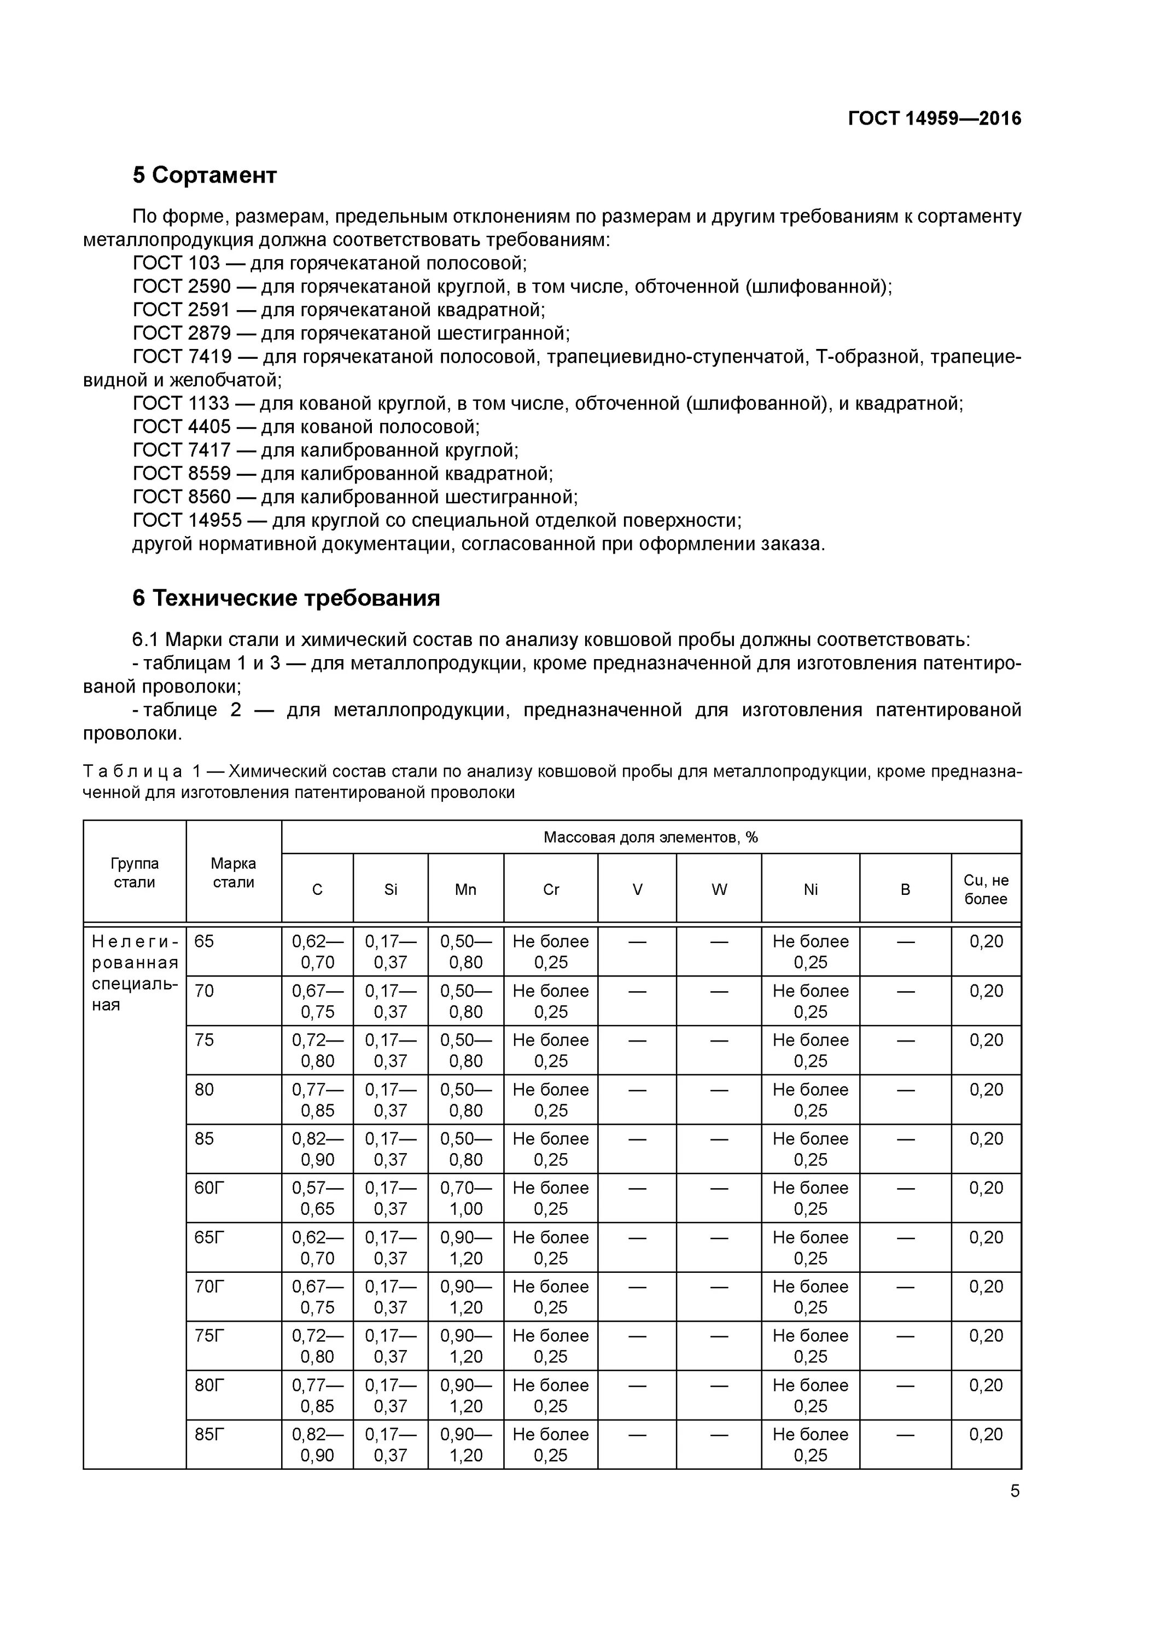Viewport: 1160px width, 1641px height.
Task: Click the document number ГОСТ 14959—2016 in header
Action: tap(934, 119)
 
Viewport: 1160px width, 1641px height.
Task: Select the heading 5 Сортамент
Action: tap(205, 175)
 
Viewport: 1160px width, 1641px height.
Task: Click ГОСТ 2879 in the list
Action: tap(182, 333)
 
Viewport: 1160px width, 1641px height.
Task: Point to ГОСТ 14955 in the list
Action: tap(187, 520)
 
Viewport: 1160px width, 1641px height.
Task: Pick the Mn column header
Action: tap(465, 890)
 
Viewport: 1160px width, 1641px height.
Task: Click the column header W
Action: tap(719, 890)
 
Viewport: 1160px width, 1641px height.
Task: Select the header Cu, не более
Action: tap(986, 890)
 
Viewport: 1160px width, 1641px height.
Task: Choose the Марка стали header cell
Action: tap(234, 872)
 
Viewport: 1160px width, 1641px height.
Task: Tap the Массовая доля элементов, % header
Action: tap(650, 837)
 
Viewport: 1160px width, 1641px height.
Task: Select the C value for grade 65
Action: tap(317, 952)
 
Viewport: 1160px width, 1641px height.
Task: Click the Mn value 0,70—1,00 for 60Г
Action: tap(465, 1198)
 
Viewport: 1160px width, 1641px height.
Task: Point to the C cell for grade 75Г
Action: tap(317, 1347)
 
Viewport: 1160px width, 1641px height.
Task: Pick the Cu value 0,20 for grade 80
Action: tap(986, 1090)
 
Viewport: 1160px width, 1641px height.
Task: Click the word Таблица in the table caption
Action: tap(133, 772)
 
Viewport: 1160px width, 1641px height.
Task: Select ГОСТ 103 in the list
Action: tap(177, 263)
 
